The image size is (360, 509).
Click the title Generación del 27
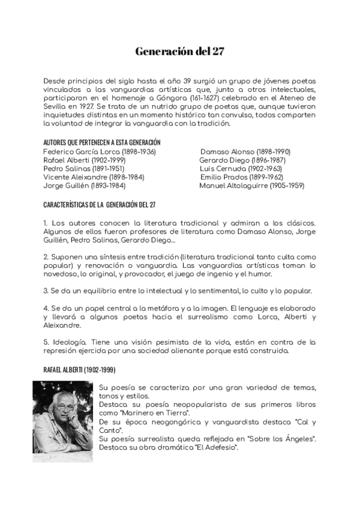[180, 52]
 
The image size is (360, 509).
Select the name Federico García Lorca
[76, 152]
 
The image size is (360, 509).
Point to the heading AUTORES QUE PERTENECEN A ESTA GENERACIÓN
[102, 143]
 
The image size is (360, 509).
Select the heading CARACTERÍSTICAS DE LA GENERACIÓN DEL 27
[100, 205]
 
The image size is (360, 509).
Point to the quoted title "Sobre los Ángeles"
[281, 439]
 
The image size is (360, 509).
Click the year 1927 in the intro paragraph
[81, 106]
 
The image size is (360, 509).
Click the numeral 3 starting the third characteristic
[46, 291]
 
